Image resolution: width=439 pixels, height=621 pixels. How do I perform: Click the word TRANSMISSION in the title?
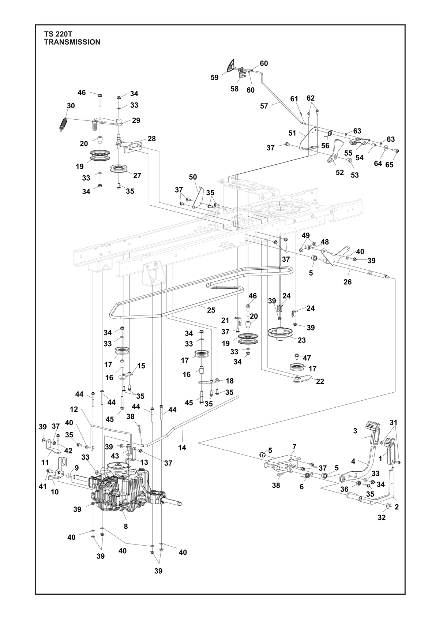72,42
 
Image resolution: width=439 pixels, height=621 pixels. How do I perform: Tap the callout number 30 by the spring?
71,106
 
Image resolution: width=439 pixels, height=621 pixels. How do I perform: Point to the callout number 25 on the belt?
211,310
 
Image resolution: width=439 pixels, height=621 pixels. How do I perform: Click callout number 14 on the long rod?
182,447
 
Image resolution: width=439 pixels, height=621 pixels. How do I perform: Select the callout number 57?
264,106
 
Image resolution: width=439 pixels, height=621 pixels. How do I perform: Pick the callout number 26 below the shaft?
347,282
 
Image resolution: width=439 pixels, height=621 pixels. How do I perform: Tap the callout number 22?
320,381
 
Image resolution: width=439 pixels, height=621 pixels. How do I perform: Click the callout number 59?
214,77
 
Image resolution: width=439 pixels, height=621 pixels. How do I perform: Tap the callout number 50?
193,177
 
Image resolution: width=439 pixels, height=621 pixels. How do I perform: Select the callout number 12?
74,409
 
